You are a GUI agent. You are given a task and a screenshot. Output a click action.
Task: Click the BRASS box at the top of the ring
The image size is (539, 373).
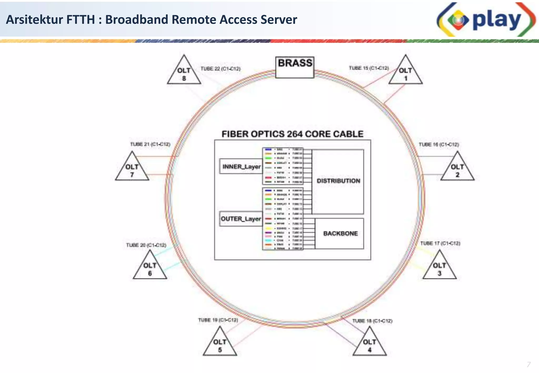click(295, 67)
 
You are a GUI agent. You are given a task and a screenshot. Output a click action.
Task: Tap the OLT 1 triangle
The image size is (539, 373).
click(406, 74)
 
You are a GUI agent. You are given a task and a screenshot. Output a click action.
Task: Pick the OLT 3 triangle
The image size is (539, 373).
click(439, 269)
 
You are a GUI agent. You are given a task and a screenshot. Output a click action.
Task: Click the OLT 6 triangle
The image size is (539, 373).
click(150, 269)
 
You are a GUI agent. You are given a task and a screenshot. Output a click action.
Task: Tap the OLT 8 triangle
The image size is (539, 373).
click(184, 74)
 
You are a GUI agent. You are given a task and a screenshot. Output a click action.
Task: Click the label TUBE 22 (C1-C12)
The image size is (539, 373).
click(221, 69)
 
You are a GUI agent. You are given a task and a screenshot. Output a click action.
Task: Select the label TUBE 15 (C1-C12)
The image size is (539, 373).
click(369, 68)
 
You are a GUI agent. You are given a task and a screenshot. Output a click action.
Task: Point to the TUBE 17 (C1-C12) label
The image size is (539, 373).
click(440, 243)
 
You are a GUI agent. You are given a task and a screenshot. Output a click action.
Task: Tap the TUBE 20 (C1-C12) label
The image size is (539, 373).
click(146, 245)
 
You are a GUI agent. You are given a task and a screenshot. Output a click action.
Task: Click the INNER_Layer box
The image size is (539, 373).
click(241, 167)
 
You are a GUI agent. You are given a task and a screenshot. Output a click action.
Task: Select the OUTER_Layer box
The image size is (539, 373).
click(241, 219)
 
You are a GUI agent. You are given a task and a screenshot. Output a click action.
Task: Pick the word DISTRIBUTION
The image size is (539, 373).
click(338, 181)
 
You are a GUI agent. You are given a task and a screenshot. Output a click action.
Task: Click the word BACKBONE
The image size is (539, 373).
click(340, 233)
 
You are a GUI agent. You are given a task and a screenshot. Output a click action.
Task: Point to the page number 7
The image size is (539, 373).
click(528, 364)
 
